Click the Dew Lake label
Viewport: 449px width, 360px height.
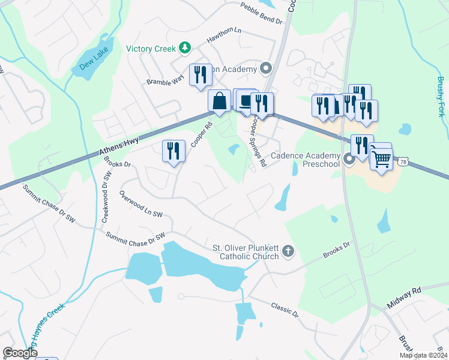[x=94, y=58]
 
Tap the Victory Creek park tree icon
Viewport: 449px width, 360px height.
[x=186, y=48]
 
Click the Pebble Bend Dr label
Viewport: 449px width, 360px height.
[x=261, y=13]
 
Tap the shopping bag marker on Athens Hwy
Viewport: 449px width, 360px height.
[x=220, y=101]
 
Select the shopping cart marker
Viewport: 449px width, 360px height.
[x=381, y=158]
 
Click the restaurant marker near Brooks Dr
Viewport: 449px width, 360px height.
[x=173, y=151]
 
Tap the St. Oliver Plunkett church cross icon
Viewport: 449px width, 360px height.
[x=288, y=252]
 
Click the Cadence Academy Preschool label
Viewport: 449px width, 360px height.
[x=306, y=160]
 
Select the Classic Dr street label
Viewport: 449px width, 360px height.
[x=284, y=309]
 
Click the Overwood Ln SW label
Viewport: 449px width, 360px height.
[x=141, y=205]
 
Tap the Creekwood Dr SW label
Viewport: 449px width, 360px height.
[x=106, y=196]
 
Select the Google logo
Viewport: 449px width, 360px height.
[x=20, y=353]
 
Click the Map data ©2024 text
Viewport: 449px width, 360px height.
[x=423, y=355]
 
